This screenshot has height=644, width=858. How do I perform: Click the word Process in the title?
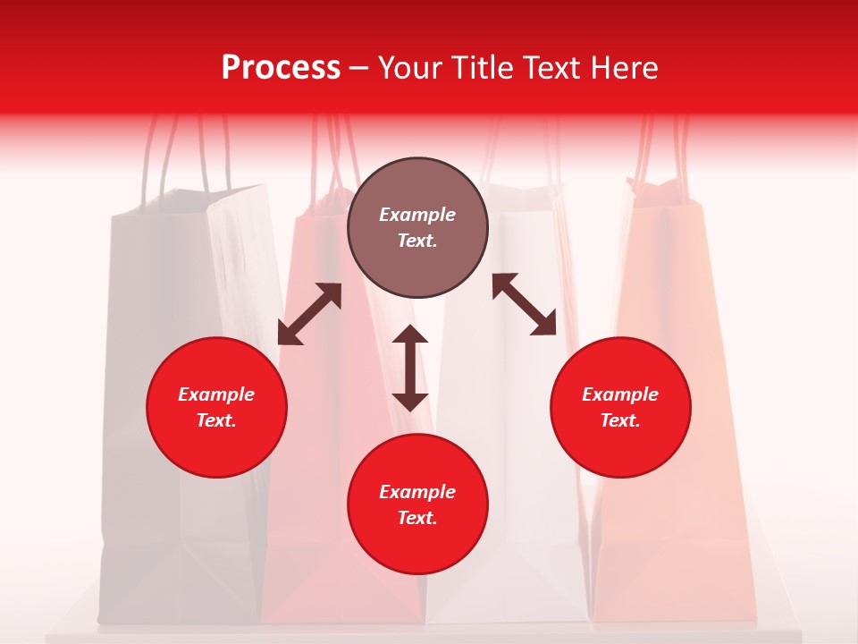(281, 68)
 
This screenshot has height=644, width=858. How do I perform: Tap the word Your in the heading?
(408, 68)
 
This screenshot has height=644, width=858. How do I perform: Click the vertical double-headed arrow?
(410, 368)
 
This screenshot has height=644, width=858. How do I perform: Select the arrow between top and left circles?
(309, 314)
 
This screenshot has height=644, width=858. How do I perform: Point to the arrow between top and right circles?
(524, 304)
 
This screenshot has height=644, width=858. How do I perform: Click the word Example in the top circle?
(417, 215)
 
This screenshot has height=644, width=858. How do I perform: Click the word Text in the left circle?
(216, 420)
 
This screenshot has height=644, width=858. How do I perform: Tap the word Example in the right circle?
(620, 394)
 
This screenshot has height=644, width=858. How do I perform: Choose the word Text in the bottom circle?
(417, 518)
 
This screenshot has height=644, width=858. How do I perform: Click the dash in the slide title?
(359, 69)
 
